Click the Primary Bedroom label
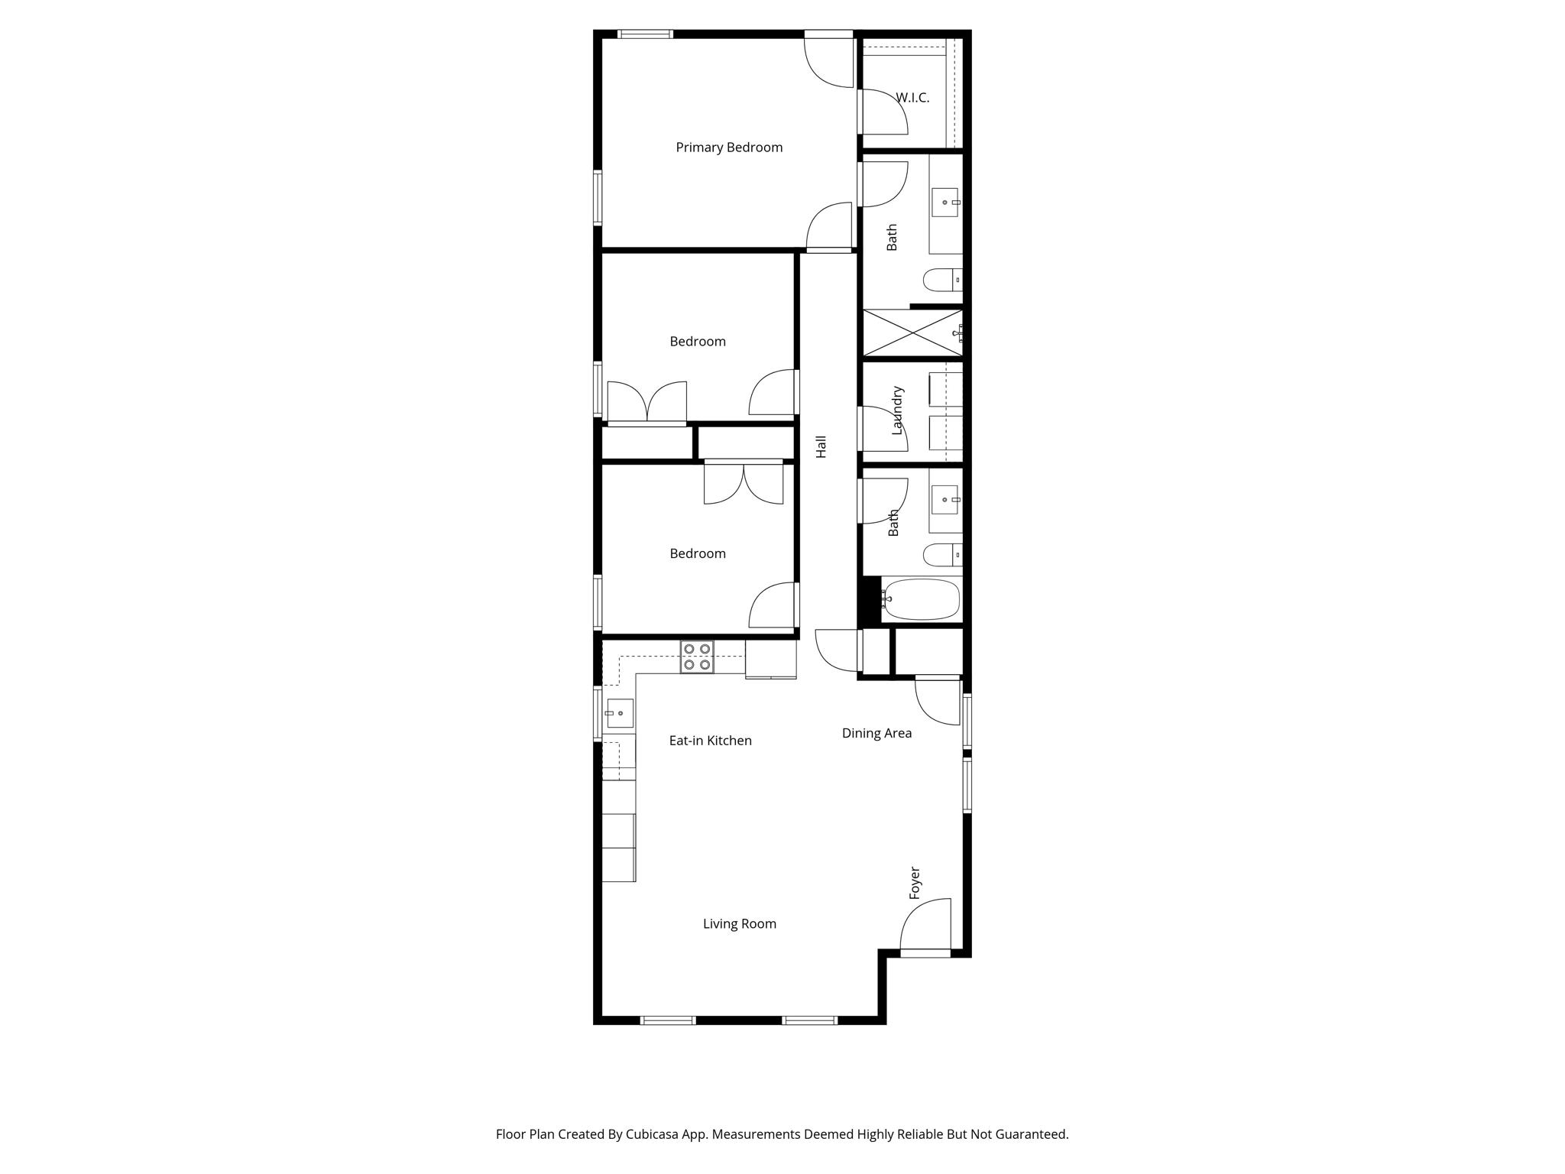pos(729,148)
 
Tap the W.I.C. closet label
pos(912,98)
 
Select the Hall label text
pos(821,446)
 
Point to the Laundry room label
pos(898,410)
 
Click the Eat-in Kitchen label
pos(710,741)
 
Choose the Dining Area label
pos(876,733)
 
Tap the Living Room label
pos(739,924)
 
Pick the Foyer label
pos(915,883)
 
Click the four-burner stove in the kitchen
pos(697,657)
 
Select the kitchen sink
pos(619,713)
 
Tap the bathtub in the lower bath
pos(920,599)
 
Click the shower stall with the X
pos(912,332)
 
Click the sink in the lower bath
pos(945,500)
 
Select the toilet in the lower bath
pos(941,554)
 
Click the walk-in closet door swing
pos(883,112)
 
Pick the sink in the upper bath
pos(945,203)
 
